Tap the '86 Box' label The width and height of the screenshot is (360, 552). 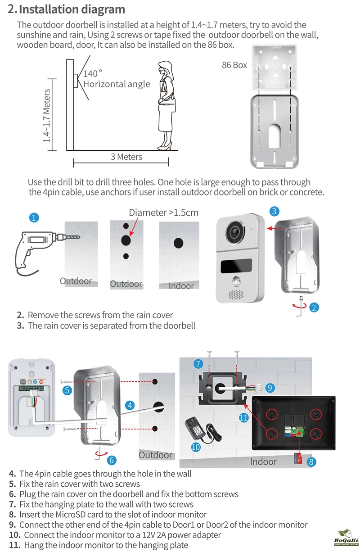click(x=234, y=65)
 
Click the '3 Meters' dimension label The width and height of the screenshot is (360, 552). click(x=126, y=157)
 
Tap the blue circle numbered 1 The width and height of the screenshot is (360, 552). click(x=33, y=217)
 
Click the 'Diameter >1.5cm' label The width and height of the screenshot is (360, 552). click(x=163, y=213)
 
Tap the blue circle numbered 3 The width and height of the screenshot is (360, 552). click(x=275, y=211)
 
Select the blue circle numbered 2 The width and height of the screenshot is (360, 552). click(x=315, y=308)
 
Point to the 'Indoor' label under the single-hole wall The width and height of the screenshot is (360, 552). click(x=181, y=286)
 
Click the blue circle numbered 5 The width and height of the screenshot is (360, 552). click(x=67, y=390)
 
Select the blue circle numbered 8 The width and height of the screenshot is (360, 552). click(x=311, y=462)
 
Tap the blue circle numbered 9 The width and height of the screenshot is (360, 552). click(x=270, y=387)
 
